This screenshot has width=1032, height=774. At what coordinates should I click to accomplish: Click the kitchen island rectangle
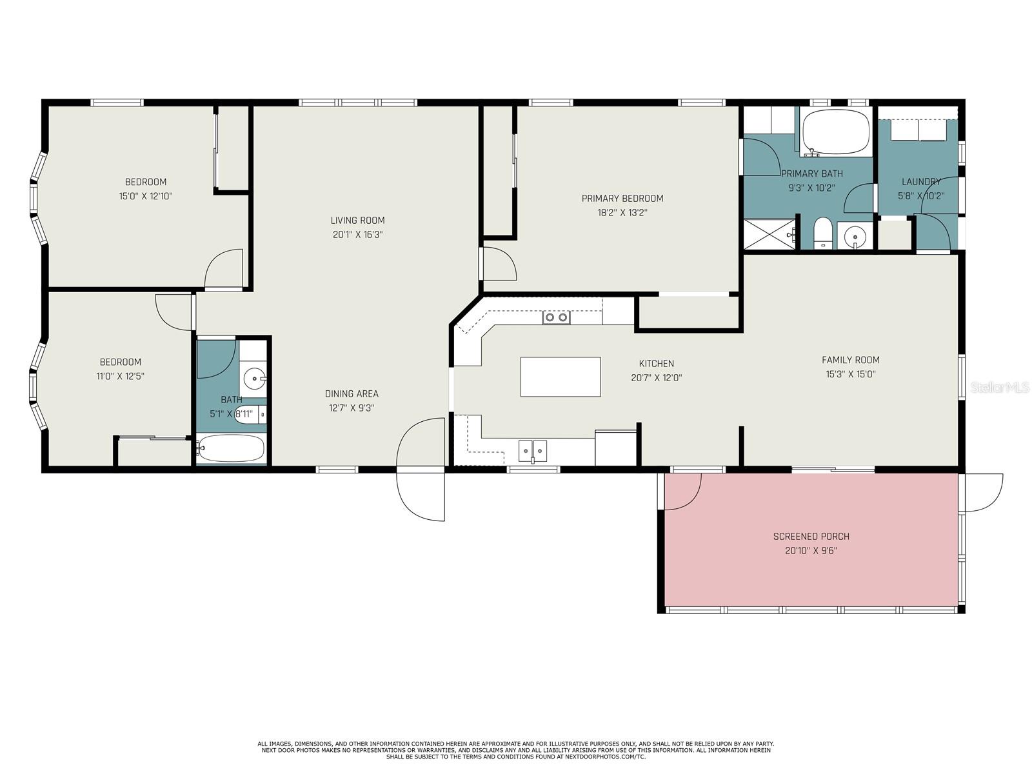point(560,377)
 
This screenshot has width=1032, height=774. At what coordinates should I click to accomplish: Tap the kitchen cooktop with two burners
point(556,317)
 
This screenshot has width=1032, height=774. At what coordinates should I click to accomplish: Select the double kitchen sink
point(532,451)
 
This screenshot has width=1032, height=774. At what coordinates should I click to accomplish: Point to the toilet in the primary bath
point(823,232)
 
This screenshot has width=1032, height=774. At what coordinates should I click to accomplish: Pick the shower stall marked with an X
point(770,233)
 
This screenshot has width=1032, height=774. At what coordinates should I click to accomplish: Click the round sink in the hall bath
point(255,377)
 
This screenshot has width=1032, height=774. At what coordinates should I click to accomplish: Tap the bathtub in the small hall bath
point(230,448)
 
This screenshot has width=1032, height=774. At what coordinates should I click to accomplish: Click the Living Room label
point(357,220)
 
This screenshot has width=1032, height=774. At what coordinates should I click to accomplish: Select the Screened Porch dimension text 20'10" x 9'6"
point(811,550)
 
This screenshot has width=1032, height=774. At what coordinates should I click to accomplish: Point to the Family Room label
point(850,360)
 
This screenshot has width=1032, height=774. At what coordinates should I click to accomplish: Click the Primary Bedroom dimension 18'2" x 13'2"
point(622,212)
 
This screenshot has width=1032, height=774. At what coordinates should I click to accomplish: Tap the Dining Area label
point(352,394)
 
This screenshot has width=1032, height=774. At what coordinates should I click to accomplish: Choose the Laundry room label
point(920,181)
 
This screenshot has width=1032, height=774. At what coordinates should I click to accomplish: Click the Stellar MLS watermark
point(1000,387)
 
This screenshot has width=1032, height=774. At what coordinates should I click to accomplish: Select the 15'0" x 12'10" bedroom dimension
point(145,196)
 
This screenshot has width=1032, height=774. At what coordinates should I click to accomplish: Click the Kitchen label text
point(657,363)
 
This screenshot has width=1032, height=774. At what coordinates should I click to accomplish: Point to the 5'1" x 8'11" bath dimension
point(231,414)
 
